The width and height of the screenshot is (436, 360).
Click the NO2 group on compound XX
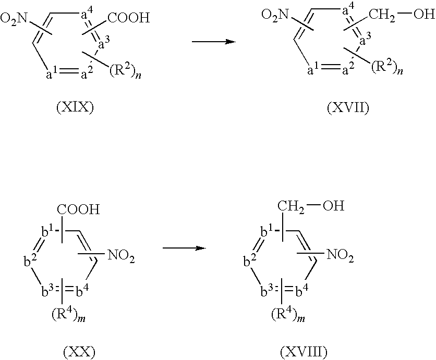121,255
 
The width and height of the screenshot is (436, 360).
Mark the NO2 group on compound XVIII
341,255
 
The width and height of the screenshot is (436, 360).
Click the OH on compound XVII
421,15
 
